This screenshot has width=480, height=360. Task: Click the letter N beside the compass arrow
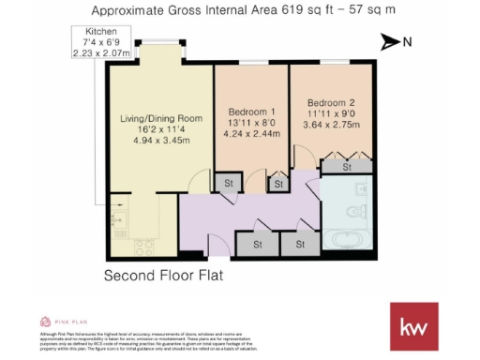coord(407,42)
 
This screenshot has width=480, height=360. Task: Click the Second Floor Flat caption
coord(166,276)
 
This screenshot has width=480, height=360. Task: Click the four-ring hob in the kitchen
coord(145,247)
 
